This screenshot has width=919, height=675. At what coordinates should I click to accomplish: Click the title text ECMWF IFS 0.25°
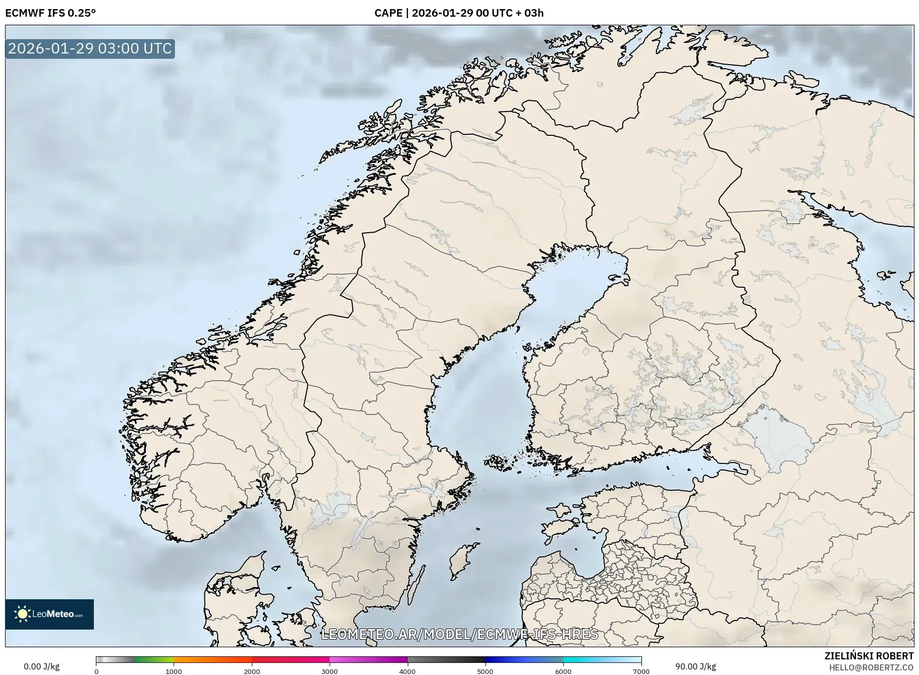pos(50,13)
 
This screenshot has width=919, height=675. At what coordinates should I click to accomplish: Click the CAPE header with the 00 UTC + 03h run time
pos(459,13)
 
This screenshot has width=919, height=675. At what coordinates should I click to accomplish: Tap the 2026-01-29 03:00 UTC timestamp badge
pos(90,48)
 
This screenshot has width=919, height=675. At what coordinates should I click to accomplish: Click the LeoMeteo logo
pos(49,614)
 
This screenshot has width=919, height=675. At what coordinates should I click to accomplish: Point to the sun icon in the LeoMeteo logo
pos(22,614)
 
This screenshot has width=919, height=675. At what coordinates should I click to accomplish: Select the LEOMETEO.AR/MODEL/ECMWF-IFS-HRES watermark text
pos(459,634)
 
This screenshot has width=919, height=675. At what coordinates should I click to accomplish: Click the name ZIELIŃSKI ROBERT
pos(869,656)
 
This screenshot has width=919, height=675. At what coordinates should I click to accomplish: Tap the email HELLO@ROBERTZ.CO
pos(871,667)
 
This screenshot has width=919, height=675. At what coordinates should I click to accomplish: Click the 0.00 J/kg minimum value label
pos(41,666)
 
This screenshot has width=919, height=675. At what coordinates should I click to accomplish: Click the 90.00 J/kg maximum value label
pos(695,666)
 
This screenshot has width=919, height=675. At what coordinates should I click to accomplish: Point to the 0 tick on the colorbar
pos(96,671)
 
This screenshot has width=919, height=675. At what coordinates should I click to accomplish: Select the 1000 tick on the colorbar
pos(174,671)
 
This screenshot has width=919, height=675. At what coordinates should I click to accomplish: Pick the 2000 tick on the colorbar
pos(252,671)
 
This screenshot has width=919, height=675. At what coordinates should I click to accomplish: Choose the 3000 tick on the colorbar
pos(330,671)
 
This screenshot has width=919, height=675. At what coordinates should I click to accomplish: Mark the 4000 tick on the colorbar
pos(407,671)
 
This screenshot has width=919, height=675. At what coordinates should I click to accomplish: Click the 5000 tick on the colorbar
pos(485,671)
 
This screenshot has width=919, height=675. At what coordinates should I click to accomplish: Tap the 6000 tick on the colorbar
pos(563,671)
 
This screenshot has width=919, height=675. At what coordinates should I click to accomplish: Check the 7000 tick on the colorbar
pos(641,671)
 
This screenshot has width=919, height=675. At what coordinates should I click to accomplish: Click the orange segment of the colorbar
pos(212,659)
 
